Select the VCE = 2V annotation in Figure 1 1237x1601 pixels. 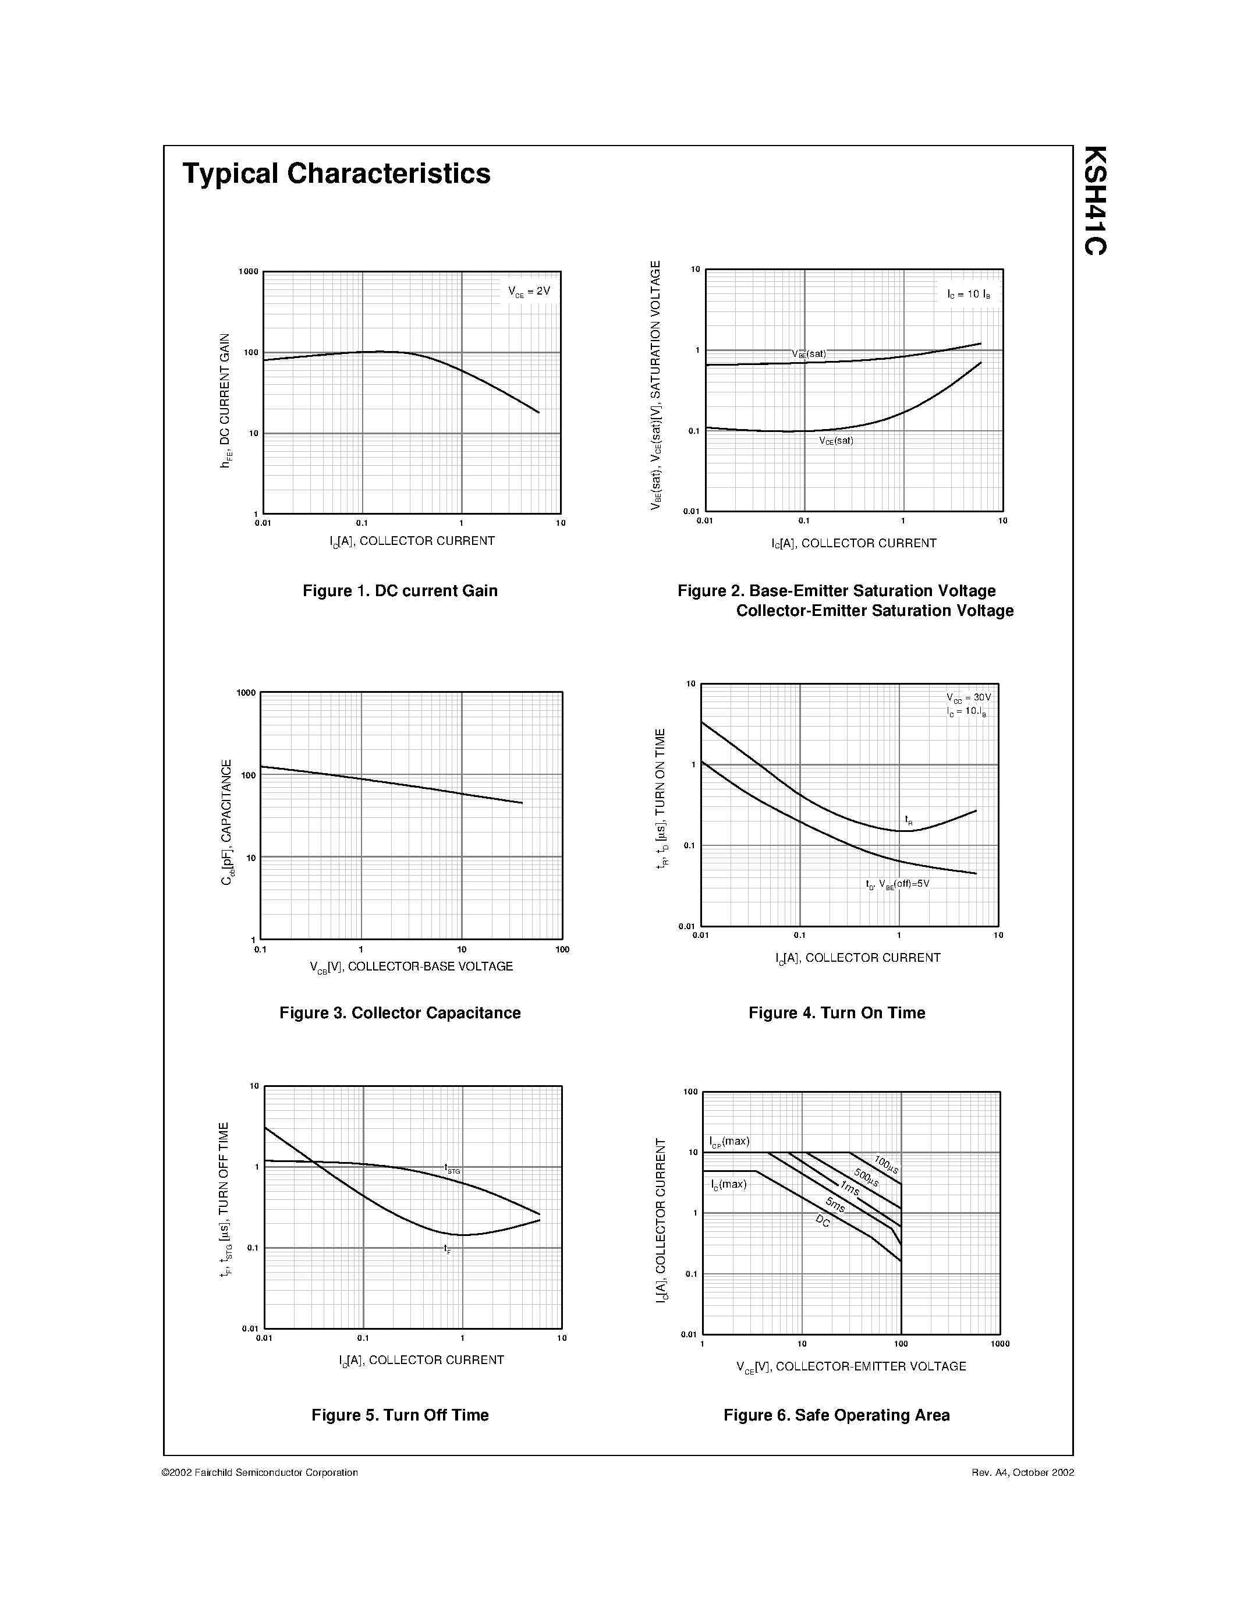point(529,292)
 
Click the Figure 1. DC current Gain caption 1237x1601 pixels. point(400,591)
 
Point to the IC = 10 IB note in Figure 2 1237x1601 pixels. point(968,295)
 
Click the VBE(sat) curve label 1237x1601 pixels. point(809,354)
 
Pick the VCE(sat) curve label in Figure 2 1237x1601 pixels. point(836,441)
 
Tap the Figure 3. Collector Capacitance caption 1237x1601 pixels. point(400,1013)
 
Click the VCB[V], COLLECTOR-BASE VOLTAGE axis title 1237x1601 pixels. point(411,967)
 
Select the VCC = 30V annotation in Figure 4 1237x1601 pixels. point(968,698)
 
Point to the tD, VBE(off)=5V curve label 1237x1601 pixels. point(897,884)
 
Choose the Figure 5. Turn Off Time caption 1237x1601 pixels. point(400,1415)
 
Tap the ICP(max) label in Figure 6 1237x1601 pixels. point(729,1142)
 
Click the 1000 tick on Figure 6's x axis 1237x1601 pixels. point(999,1344)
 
